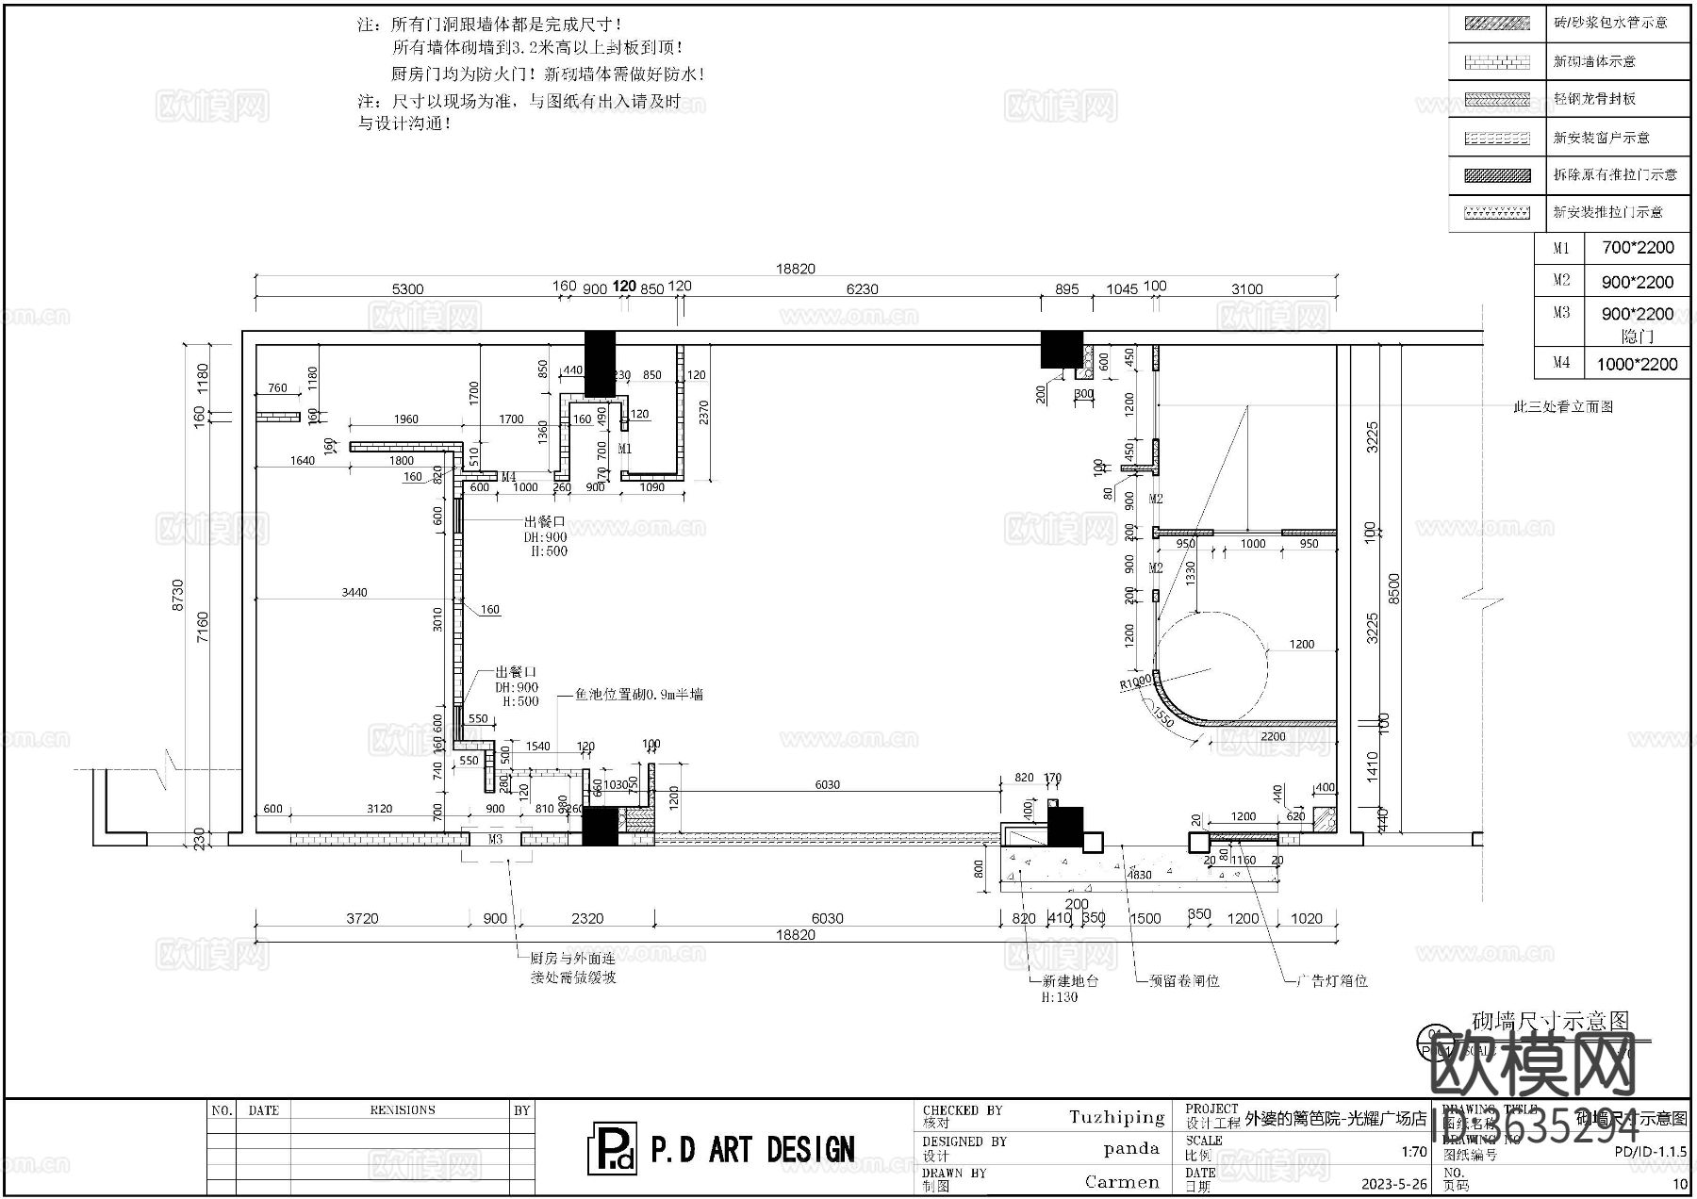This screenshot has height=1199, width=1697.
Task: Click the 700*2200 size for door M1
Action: tap(1638, 248)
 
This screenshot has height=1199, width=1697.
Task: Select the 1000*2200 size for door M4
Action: tap(1637, 364)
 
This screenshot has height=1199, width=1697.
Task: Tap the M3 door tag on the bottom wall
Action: tap(495, 839)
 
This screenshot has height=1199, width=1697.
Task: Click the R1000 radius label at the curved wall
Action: tap(1135, 682)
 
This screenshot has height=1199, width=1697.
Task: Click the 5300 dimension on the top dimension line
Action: tap(407, 289)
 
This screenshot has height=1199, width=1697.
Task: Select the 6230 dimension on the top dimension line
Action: tap(862, 289)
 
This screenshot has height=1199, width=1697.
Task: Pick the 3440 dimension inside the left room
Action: tap(354, 592)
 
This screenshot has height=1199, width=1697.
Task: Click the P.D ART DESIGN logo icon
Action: tap(611, 1148)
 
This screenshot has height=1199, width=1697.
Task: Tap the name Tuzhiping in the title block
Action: tap(1116, 1118)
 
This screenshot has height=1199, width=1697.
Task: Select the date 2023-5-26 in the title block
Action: tap(1393, 1184)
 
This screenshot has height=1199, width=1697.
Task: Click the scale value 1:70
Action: tap(1413, 1151)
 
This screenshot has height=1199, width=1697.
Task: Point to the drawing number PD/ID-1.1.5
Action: tap(1650, 1151)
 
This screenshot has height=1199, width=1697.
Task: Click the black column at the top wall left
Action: tap(600, 364)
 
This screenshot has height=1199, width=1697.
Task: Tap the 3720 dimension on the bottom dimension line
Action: tap(362, 918)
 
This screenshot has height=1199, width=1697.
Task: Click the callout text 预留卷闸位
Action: tap(1184, 980)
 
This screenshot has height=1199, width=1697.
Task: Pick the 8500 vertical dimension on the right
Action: tap(1394, 589)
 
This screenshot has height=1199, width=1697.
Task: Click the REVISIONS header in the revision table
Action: tap(403, 1110)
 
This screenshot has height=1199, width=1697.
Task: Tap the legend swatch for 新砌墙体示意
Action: tap(1497, 62)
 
